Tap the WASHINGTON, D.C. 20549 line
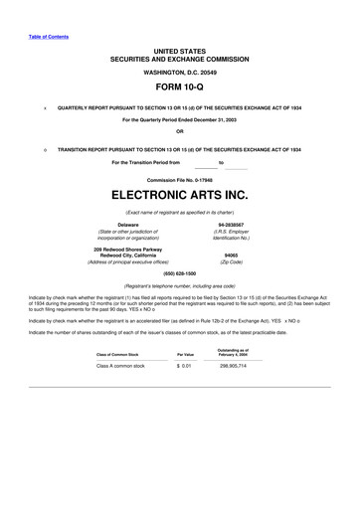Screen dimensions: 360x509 [x=179, y=74]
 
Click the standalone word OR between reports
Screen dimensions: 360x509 [x=179, y=130]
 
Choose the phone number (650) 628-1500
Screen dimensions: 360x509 [x=179, y=272]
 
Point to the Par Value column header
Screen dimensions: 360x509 [x=185, y=354]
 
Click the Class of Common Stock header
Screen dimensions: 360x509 [x=119, y=354]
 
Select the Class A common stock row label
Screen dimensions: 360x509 [x=119, y=367]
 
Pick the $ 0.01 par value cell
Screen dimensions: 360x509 [x=183, y=367]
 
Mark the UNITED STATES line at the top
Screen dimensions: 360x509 [x=179, y=49]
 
